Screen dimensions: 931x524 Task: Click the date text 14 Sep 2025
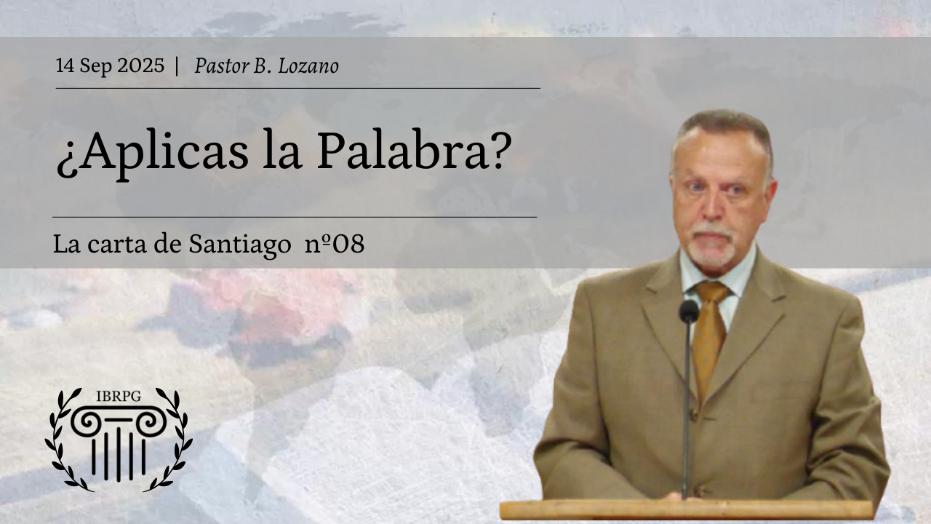pos(110,65)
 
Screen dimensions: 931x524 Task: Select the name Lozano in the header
pos(308,65)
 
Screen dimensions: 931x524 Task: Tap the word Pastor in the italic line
pos(222,65)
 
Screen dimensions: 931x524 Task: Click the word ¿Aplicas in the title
pos(153,153)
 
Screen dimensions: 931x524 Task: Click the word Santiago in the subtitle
pos(240,244)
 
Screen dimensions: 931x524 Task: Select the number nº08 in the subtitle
pos(335,244)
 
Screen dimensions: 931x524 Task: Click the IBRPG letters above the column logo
pos(119,397)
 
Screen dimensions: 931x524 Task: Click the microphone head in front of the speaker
pos(689,311)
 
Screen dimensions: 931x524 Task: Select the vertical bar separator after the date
pos(177,65)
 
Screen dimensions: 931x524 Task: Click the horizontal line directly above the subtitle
pos(295,217)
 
